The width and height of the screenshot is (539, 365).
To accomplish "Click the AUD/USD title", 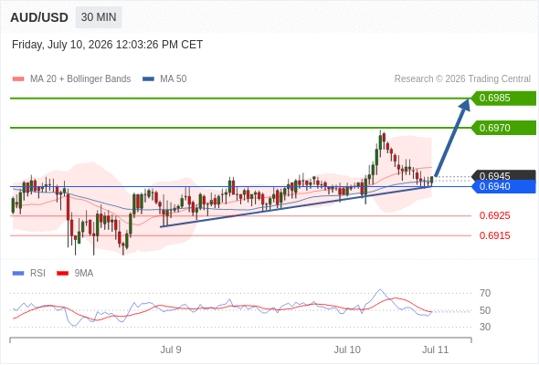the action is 39,17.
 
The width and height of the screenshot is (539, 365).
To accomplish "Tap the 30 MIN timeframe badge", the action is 99,17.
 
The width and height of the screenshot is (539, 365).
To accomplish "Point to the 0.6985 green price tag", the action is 503,99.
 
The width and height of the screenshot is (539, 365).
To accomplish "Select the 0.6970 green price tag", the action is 503,128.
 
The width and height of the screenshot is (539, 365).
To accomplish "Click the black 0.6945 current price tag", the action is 503,175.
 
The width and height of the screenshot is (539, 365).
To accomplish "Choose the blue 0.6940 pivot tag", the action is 503,186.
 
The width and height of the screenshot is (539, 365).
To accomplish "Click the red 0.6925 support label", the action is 494,215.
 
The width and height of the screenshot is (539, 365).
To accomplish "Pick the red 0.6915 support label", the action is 494,235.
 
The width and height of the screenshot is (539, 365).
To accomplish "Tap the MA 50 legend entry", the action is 164,79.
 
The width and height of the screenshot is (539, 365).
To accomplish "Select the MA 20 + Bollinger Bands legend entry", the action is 71,79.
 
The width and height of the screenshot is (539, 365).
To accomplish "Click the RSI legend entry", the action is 28,274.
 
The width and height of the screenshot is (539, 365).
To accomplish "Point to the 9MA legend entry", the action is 75,274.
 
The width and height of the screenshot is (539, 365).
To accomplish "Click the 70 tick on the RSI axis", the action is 485,293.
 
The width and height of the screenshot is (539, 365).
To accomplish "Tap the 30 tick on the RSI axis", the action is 485,327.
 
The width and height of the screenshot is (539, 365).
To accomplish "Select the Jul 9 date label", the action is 171,349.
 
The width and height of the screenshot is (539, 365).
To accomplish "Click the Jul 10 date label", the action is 347,349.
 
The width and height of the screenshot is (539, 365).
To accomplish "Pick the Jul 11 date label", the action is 436,349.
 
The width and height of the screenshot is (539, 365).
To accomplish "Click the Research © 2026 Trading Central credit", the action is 462,79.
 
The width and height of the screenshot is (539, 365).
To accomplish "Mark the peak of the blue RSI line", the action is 380,289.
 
